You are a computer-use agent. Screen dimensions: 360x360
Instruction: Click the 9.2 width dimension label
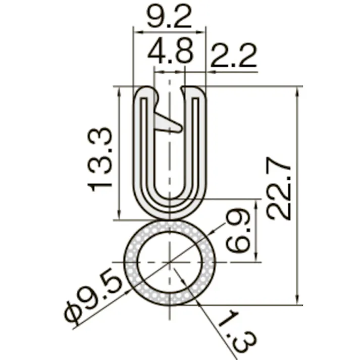click(x=169, y=18)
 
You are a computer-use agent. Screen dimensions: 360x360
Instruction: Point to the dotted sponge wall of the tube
click(x=132, y=263)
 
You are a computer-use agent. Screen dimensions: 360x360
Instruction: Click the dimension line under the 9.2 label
click(x=169, y=32)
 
